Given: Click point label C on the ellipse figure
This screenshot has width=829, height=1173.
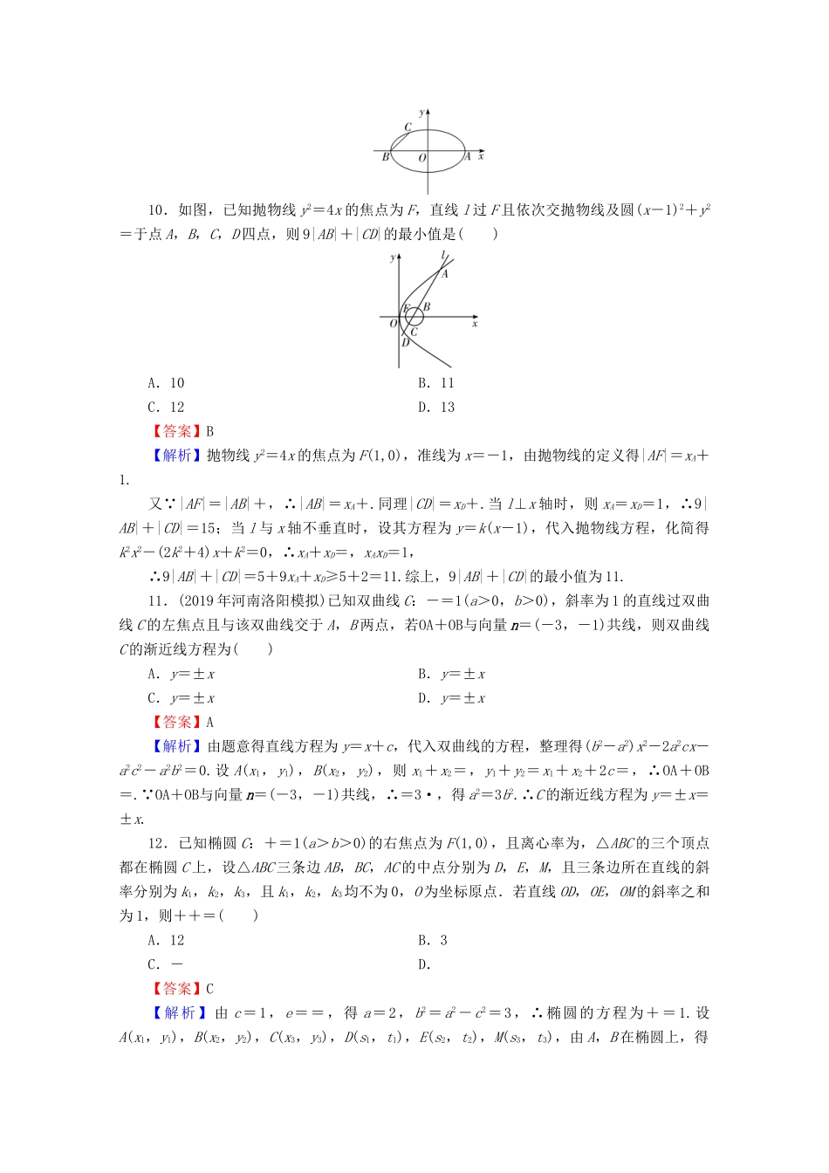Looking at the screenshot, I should [408, 127].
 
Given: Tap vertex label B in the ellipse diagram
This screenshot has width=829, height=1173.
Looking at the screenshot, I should [386, 157].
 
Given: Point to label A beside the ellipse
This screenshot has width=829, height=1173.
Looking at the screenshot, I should [468, 157].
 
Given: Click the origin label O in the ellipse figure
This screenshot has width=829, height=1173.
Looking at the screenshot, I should [422, 159].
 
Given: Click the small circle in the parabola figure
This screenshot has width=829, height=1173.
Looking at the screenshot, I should [413, 315].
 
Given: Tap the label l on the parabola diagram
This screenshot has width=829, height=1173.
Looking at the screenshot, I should [444, 256].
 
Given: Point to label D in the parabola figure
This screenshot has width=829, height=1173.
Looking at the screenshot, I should [406, 342].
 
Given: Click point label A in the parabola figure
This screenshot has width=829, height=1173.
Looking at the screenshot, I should [444, 274].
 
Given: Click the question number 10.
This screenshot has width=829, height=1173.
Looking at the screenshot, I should [158, 209].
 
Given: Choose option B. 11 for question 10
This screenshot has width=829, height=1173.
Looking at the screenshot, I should [436, 383].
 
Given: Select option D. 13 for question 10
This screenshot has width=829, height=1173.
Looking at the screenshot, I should [436, 408].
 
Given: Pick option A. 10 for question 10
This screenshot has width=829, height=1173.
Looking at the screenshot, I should [166, 383].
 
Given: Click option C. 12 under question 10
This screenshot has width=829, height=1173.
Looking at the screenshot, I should [166, 408].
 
